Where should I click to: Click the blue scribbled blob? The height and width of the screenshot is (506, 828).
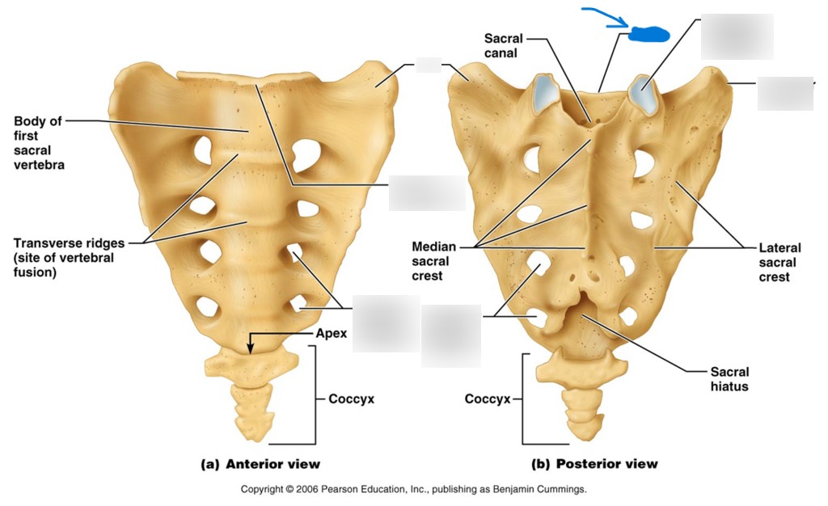[x=648, y=33]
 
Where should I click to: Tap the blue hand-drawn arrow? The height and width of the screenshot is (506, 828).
[x=605, y=17]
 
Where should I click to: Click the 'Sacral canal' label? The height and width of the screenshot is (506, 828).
[x=503, y=45]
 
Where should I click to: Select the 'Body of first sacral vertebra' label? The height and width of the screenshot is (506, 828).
[x=38, y=143]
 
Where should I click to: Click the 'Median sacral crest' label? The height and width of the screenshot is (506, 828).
[x=434, y=261]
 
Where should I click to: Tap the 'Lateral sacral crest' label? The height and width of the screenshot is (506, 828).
[x=779, y=263]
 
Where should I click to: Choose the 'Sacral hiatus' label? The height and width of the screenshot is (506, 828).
[x=729, y=379]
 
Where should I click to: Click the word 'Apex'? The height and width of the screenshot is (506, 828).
[x=331, y=332]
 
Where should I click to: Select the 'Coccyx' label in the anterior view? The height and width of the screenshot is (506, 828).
[x=351, y=398]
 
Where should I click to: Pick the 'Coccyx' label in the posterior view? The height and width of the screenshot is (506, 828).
[x=487, y=398]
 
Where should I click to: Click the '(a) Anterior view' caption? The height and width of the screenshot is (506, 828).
[x=260, y=464]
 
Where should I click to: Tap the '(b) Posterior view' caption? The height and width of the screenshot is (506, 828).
[x=594, y=464]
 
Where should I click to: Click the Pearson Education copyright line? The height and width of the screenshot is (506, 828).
[x=413, y=489]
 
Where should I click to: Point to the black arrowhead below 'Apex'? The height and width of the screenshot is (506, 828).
[x=251, y=348]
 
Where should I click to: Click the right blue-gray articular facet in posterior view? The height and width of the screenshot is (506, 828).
[x=644, y=95]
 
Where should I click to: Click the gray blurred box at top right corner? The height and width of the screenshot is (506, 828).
[x=737, y=37]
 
